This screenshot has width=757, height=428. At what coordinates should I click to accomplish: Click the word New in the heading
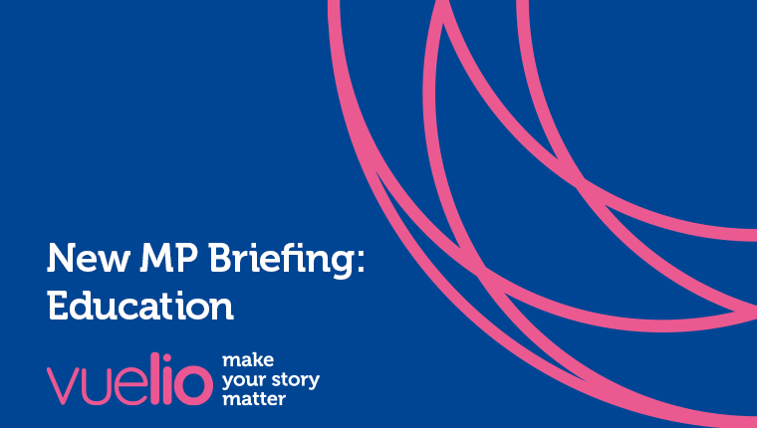click(x=89, y=258)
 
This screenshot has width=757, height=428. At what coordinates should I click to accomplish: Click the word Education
click(x=140, y=306)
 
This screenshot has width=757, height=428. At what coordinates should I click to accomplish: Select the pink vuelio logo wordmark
click(x=129, y=379)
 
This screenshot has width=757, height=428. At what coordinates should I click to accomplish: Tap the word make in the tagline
click(x=248, y=360)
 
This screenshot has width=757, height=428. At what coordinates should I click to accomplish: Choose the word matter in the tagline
click(x=254, y=399)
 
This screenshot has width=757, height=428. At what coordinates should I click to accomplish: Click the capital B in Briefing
click(x=221, y=258)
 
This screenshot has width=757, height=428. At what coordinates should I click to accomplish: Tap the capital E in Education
click(x=58, y=306)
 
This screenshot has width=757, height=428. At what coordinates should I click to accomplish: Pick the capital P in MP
click(x=187, y=258)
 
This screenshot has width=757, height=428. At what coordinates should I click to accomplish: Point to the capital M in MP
click(x=156, y=258)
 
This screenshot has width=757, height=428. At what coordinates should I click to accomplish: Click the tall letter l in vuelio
click(x=155, y=379)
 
